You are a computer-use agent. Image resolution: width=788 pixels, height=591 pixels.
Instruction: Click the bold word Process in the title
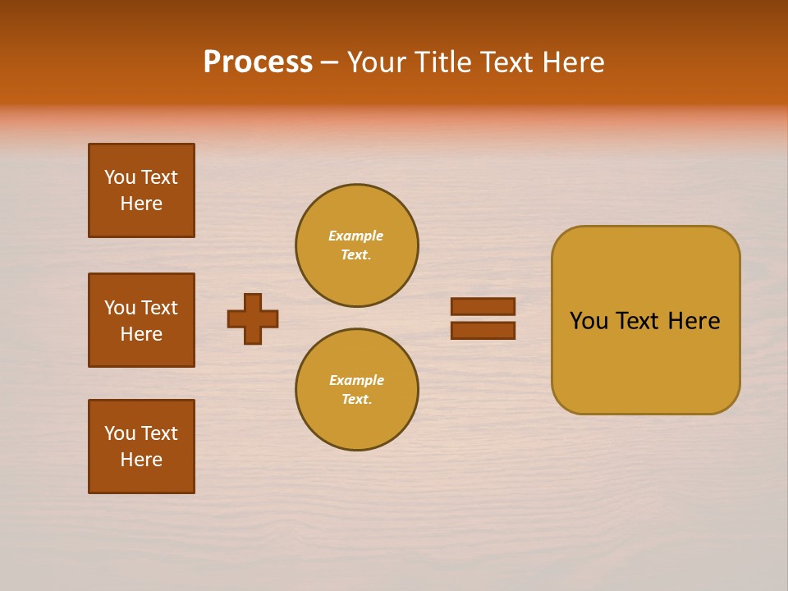258,62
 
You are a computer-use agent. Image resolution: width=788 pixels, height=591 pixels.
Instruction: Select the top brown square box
141,190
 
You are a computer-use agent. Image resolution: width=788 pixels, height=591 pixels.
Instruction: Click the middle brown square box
141,320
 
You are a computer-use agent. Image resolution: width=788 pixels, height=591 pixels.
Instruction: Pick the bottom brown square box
141,447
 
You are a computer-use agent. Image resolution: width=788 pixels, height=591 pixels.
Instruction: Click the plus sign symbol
253,318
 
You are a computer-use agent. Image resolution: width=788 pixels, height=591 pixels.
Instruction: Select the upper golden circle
357,245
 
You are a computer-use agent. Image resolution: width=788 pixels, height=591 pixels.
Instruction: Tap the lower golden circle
357,390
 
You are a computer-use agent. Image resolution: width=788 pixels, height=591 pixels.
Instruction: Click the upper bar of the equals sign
483,306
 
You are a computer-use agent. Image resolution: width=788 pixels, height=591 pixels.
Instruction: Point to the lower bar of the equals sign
483,330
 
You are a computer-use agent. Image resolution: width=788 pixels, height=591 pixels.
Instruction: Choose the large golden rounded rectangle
645,320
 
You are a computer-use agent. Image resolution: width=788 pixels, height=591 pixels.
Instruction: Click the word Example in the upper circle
355,236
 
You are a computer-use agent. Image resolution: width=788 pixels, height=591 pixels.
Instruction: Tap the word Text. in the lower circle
356,400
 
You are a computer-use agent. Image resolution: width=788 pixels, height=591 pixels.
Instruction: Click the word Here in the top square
141,204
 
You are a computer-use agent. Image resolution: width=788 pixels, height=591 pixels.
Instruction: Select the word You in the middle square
119,308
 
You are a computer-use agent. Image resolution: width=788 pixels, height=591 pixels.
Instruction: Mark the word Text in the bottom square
159,433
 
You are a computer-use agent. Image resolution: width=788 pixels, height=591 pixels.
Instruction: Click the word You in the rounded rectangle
588,321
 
